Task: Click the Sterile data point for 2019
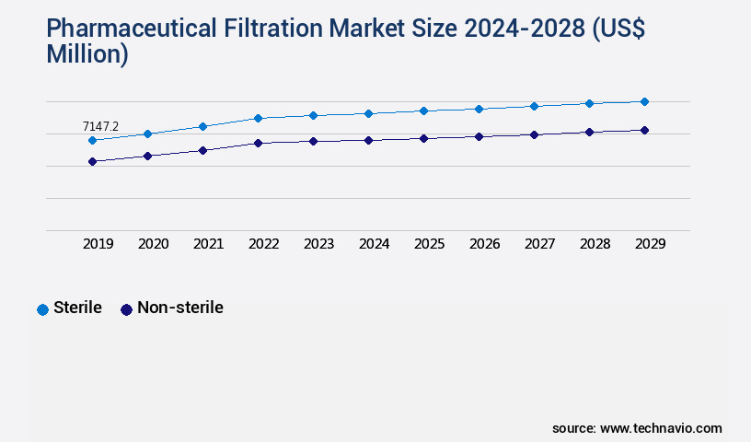point(92,140)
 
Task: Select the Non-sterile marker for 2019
point(92,161)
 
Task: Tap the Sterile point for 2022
point(258,118)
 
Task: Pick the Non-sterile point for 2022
point(258,143)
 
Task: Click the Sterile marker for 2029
point(644,101)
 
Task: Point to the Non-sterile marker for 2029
point(644,130)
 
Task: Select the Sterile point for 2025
point(423,110)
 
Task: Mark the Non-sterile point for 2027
point(534,134)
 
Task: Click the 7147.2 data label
point(100,126)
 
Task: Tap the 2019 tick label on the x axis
point(98,244)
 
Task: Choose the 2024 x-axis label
point(375,244)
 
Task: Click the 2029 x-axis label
point(651,244)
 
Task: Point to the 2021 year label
point(209,244)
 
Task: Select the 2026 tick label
point(485,244)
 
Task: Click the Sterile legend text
point(77,308)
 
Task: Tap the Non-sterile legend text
point(179,308)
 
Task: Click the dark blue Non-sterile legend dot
point(127,309)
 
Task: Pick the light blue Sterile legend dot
point(42,309)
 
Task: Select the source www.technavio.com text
point(637,428)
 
